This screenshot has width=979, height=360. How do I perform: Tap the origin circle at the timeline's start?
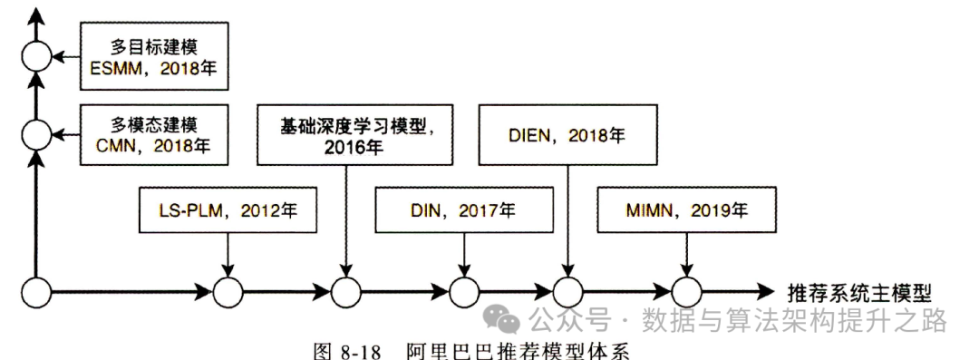[34, 292]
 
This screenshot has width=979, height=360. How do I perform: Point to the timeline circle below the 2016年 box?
[345, 292]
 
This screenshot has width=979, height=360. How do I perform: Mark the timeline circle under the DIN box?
[463, 292]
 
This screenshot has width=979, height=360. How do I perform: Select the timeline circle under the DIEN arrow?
[567, 292]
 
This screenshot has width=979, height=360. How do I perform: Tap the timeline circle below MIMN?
[685, 292]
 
